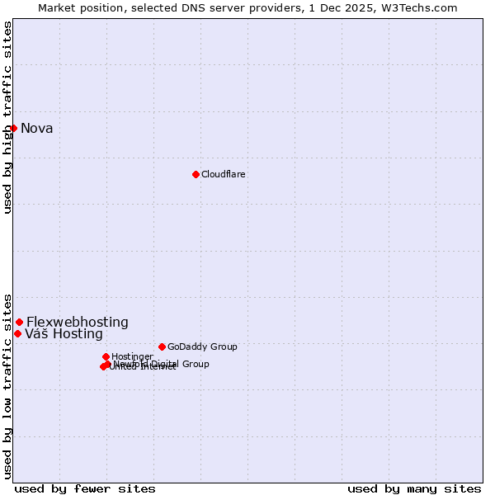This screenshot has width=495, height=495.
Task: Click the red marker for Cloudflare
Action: click(196, 174)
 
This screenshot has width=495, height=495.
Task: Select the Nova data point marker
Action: click(13, 128)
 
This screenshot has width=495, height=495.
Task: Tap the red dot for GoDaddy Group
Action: click(162, 346)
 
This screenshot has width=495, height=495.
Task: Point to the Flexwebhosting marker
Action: click(19, 322)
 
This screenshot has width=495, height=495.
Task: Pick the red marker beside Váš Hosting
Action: click(17, 333)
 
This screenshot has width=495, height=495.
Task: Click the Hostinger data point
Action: click(106, 356)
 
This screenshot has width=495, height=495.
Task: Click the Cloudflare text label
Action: click(223, 174)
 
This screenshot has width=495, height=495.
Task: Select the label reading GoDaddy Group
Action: click(202, 346)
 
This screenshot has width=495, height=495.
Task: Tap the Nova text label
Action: click(37, 128)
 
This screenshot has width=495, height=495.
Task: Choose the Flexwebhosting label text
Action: click(78, 322)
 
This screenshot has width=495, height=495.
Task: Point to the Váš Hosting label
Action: click(64, 334)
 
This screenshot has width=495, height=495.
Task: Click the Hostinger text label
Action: click(132, 356)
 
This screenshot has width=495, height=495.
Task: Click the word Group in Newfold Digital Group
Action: click(196, 364)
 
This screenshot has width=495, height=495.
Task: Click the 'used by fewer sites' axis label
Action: click(85, 488)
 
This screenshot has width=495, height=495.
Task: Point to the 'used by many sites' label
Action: click(414, 488)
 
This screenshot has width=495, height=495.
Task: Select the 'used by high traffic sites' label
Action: click(7, 117)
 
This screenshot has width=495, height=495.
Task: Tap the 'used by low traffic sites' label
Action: click(7, 385)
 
